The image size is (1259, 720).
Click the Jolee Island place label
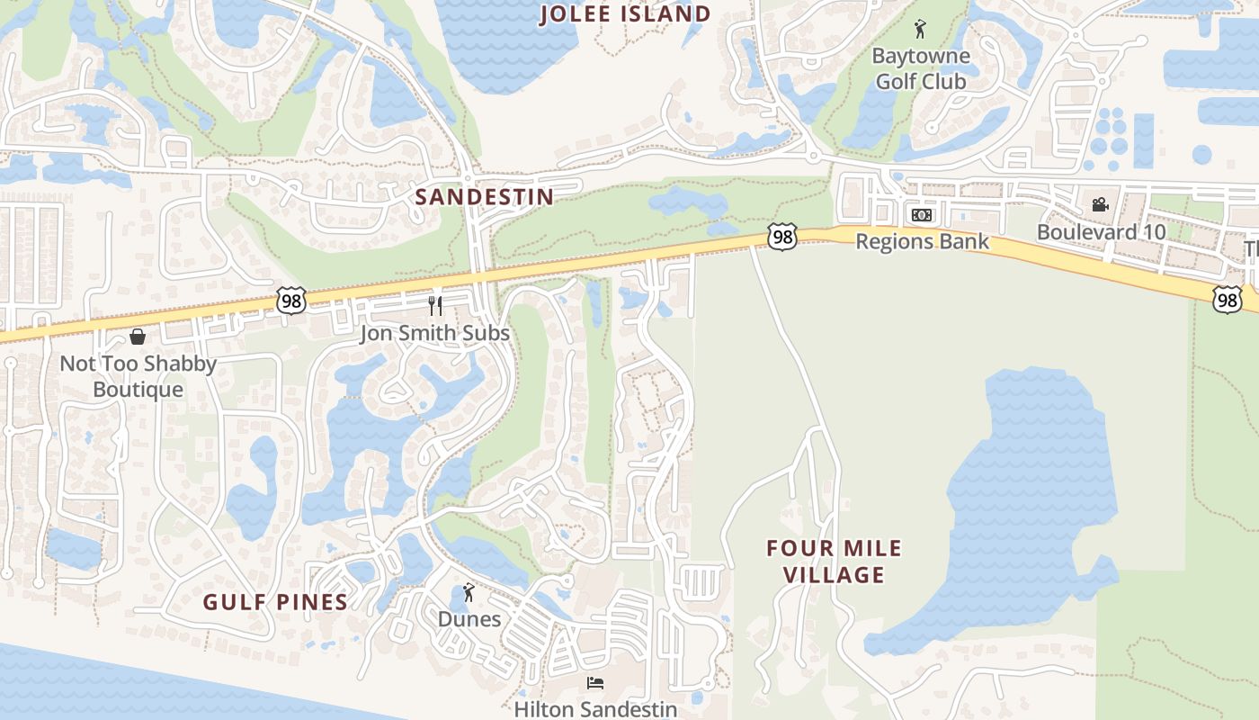[x=625, y=14]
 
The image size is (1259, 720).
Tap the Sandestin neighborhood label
[x=485, y=197]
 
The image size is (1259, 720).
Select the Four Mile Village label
[x=834, y=561]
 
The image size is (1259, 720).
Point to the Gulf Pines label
[x=275, y=602]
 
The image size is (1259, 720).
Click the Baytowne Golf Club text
[x=921, y=68]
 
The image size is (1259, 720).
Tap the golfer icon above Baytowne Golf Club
[x=919, y=30]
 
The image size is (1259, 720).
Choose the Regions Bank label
[x=922, y=241]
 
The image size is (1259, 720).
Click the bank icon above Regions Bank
[x=921, y=215]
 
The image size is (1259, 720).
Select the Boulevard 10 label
[x=1101, y=231]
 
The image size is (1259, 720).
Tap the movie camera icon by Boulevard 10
[x=1100, y=204]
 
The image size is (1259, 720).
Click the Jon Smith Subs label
[x=434, y=333]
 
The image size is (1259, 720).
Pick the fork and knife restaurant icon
[x=435, y=306]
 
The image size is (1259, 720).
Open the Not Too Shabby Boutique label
[x=138, y=376]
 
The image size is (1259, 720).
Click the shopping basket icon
[x=138, y=337]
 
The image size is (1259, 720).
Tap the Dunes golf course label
[x=469, y=619]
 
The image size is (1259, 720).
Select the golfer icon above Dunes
[x=468, y=592]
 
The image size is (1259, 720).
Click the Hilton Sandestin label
[x=595, y=709]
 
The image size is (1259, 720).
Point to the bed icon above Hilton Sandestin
[x=595, y=683]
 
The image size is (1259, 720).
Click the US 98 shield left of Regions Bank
[x=782, y=237]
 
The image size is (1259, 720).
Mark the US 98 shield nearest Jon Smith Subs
[x=291, y=301]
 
